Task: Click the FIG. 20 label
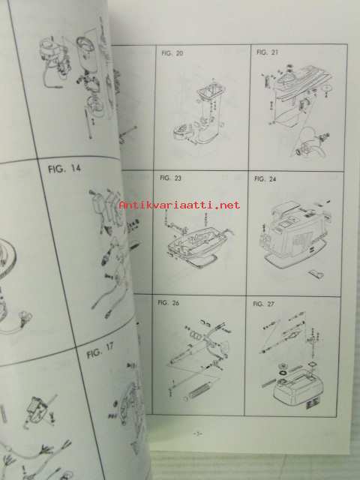click(172, 53)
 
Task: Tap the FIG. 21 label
click(267, 52)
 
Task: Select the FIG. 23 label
click(170, 178)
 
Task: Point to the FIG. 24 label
click(265, 178)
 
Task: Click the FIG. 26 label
click(168, 303)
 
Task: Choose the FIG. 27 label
click(263, 304)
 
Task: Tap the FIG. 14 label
click(64, 169)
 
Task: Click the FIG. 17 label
click(100, 351)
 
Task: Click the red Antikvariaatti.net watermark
click(179, 205)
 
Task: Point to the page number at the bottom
click(197, 433)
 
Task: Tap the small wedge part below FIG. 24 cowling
click(315, 274)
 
